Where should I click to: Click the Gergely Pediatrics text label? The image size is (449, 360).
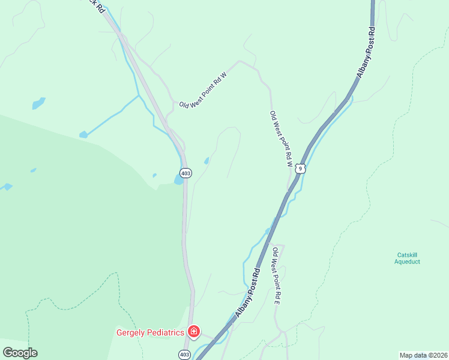149,332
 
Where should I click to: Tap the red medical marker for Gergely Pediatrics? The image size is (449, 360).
194,331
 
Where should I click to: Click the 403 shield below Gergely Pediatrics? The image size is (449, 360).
185,355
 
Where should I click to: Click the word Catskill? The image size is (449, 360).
407,254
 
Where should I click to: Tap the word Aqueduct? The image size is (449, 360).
407,262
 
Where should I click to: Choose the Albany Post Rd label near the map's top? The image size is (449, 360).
365,52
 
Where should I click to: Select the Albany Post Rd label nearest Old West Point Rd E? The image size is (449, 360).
248,293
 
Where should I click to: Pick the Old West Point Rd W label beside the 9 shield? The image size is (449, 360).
281,139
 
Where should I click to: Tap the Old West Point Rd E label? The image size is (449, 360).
277,275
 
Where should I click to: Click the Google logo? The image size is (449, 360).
20,353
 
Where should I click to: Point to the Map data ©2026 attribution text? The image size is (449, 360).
423,355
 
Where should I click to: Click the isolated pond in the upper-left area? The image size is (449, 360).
38,103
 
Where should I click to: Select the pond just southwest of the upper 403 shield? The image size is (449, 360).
179,179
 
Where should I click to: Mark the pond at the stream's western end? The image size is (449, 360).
83,135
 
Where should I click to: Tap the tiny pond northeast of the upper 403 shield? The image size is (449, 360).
206,161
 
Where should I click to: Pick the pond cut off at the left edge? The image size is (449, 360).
5,187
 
